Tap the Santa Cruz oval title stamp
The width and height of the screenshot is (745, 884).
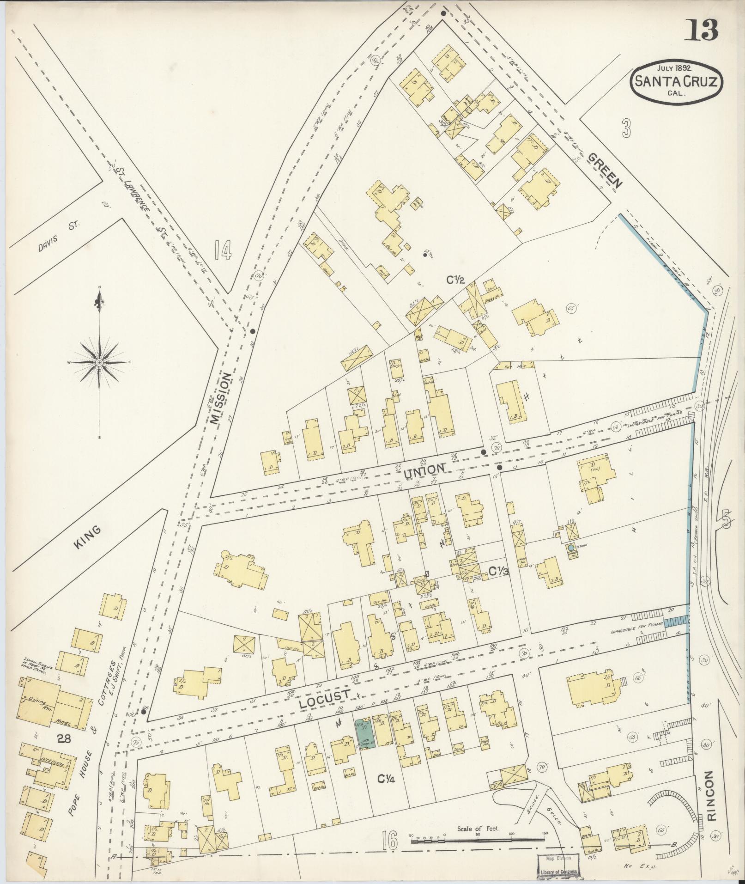677,81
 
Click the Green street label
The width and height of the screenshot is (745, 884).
605,170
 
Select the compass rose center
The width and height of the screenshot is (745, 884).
99,363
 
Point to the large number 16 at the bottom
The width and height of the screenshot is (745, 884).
390,841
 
